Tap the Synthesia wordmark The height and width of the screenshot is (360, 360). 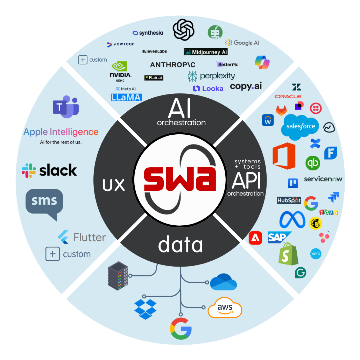[x=148, y=33]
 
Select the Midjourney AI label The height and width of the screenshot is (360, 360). [x=206, y=52]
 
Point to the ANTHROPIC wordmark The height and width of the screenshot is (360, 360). [x=172, y=65]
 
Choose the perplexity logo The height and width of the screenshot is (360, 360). [x=211, y=76]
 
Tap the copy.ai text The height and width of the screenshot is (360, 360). [x=246, y=86]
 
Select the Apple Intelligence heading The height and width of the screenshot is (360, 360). [x=61, y=132]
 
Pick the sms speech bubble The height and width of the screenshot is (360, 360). [x=44, y=203]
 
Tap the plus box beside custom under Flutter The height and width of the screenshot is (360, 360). [x=52, y=254]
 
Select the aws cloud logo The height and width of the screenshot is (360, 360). [x=225, y=308]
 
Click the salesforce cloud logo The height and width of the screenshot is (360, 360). [x=300, y=127]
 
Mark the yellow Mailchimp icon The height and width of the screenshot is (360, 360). [x=316, y=223]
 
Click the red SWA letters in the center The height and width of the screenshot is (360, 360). [x=180, y=179]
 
